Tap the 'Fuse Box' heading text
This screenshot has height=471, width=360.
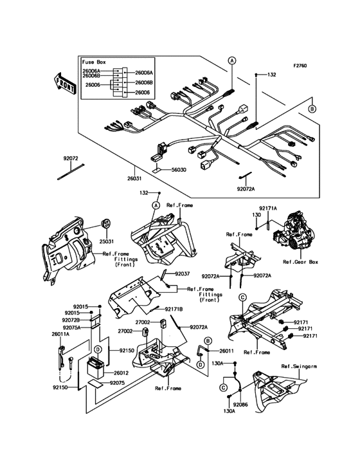(x=95, y=62)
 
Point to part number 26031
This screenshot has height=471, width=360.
(x=135, y=178)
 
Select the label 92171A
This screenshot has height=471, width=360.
(x=268, y=208)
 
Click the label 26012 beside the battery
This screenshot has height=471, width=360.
(x=122, y=373)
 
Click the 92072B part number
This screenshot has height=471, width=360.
(x=71, y=319)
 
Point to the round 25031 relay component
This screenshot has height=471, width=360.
(x=104, y=225)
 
